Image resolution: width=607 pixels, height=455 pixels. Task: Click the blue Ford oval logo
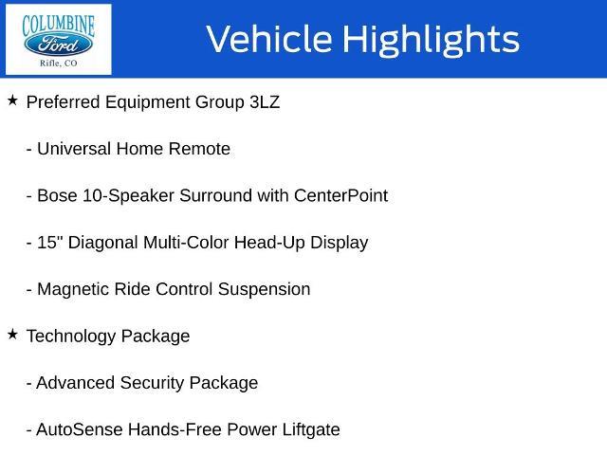[58, 44]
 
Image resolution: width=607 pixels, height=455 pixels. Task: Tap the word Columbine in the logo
[58, 26]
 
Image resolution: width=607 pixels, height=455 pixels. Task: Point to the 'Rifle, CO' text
[58, 63]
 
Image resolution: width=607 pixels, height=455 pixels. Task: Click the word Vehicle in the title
[269, 39]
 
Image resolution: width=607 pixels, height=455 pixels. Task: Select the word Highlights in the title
[432, 40]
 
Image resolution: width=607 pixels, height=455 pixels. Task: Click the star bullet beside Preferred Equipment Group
[12, 100]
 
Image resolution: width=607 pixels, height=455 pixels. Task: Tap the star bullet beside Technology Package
[12, 335]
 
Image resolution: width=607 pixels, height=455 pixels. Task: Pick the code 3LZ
[265, 102]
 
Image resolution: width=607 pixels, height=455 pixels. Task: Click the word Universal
[74, 149]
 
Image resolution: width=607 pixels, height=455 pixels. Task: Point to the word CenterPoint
[341, 195]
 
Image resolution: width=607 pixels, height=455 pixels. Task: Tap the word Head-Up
[269, 243]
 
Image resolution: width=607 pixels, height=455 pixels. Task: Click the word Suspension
[265, 290]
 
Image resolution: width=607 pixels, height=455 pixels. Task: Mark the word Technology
[71, 337]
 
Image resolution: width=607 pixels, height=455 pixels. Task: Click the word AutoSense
[80, 429]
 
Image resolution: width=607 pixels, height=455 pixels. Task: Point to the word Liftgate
[311, 430]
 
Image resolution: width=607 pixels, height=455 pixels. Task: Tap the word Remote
[199, 149]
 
